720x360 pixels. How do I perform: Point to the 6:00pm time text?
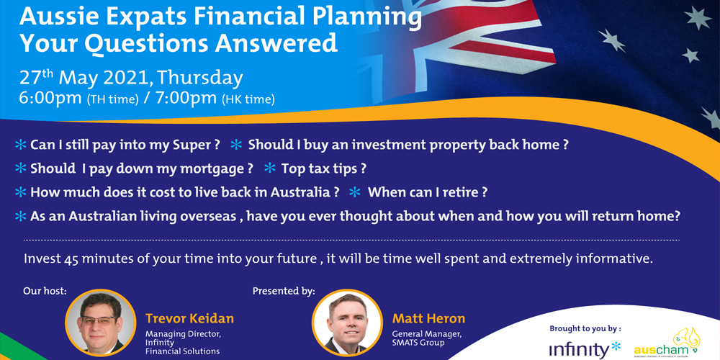(x=50, y=98)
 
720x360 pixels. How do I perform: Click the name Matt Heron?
(x=428, y=318)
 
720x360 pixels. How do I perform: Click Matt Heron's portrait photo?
(x=347, y=324)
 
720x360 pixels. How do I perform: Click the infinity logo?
(x=585, y=349)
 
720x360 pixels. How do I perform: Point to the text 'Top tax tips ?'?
(x=324, y=168)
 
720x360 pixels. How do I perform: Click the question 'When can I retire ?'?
(x=427, y=192)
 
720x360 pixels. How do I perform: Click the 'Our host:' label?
(x=45, y=291)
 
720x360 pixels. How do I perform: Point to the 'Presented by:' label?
(x=284, y=291)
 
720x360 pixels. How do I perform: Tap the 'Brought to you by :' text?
(x=585, y=328)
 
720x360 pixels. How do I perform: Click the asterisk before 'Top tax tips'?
(x=270, y=168)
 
